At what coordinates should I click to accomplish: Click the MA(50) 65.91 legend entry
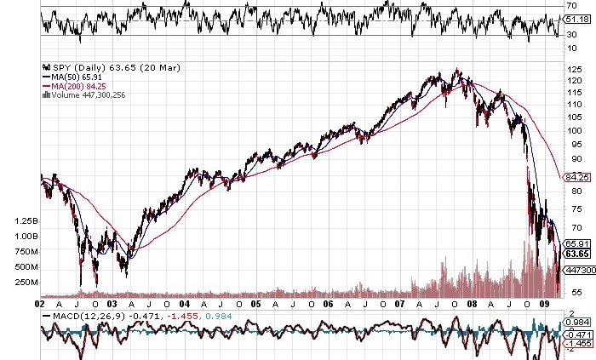[x=70, y=76]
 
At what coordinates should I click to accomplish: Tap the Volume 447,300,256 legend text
[x=85, y=94]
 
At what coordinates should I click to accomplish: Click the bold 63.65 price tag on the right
[x=578, y=254]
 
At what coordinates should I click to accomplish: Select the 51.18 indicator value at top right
[x=577, y=19]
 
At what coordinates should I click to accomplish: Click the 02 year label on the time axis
[x=41, y=302]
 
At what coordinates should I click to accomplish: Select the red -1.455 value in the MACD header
[x=177, y=317]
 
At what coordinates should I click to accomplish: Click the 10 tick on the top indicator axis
[x=571, y=48]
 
